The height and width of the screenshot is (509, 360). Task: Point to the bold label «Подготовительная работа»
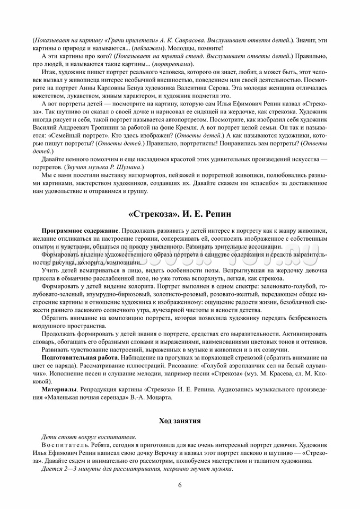pyautogui.click(x=78, y=358)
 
